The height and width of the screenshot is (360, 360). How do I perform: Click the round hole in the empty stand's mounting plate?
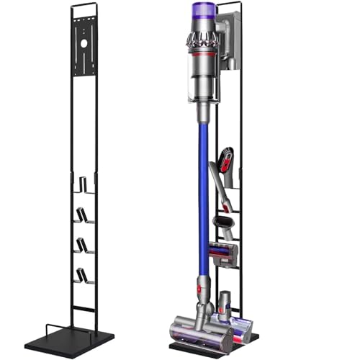[84, 44]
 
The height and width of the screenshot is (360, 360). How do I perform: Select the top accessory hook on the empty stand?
[86, 186]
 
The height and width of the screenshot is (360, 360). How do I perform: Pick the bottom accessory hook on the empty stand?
[86, 276]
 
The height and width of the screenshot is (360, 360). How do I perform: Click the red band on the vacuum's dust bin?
[204, 55]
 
